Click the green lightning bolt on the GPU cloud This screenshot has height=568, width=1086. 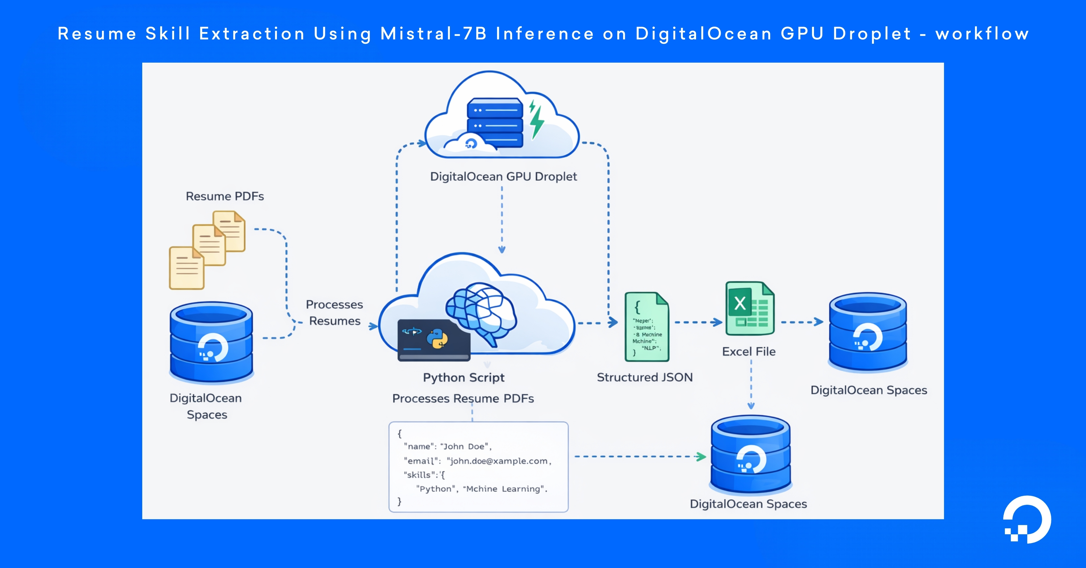point(536,120)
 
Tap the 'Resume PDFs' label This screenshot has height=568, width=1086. point(225,196)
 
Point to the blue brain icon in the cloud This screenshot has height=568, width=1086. point(481,312)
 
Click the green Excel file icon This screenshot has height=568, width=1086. point(750,309)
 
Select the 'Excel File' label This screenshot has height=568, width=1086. point(749,351)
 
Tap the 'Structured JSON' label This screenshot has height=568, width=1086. point(645,377)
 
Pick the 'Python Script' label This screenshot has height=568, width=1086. point(463,377)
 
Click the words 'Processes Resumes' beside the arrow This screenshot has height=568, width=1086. point(334,313)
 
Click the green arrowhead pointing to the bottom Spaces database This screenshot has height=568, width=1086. point(701,457)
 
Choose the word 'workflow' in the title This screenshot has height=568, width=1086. point(982,34)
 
